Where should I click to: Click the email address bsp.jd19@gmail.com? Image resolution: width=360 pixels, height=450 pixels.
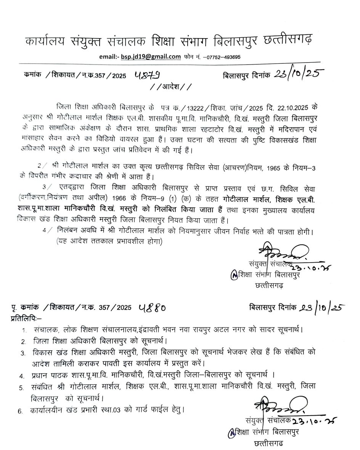[x=151, y=57]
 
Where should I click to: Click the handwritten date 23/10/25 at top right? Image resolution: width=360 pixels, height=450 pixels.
[x=299, y=74]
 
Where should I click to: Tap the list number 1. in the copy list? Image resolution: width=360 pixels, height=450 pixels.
[x=24, y=330]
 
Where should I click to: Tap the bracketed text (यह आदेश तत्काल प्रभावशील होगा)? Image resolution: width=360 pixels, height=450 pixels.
[x=109, y=241]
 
